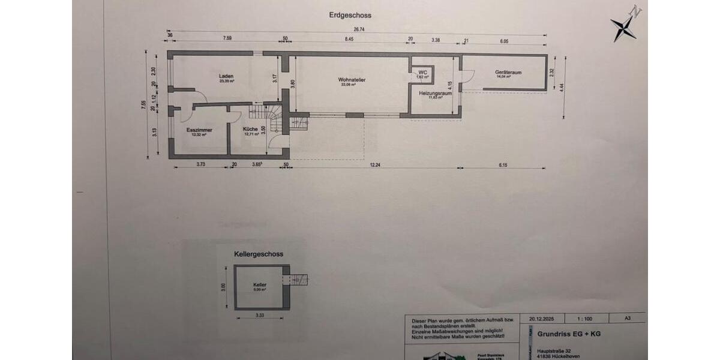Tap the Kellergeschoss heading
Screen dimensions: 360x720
(259, 254)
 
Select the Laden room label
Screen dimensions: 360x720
(226, 77)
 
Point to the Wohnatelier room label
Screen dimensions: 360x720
(352, 80)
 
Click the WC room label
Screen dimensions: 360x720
(422, 73)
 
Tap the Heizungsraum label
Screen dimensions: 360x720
(435, 94)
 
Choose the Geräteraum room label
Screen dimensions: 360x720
(508, 73)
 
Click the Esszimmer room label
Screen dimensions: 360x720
(199, 130)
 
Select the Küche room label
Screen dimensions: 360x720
(251, 129)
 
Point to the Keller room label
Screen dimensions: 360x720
(260, 284)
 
